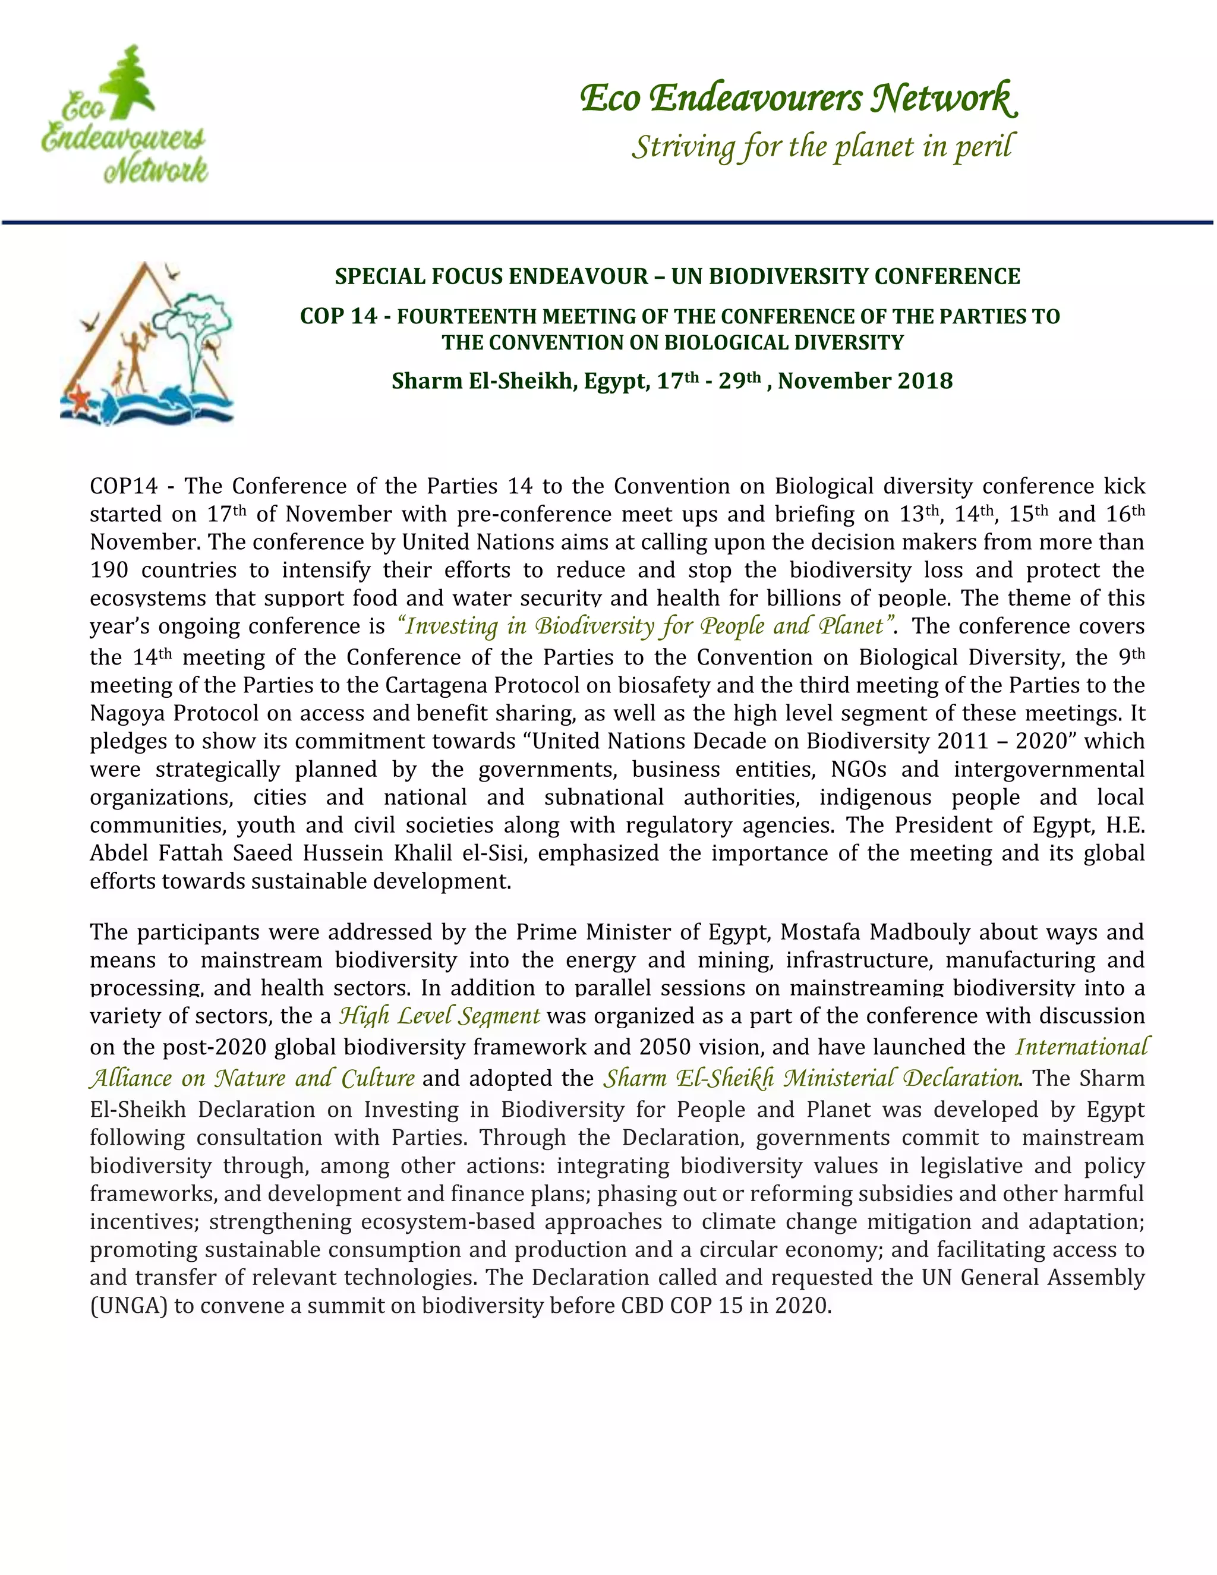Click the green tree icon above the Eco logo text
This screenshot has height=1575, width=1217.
tap(128, 79)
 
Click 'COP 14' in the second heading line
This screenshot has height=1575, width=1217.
tap(338, 317)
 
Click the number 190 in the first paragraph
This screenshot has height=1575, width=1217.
tap(109, 571)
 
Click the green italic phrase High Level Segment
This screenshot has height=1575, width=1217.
tap(439, 1016)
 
